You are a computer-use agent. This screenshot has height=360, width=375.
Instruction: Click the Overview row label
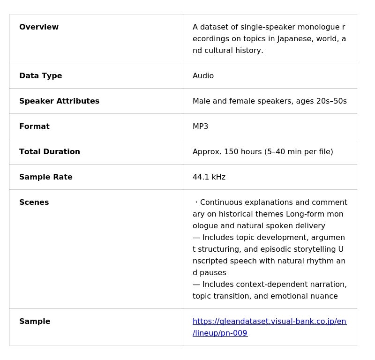click(39, 27)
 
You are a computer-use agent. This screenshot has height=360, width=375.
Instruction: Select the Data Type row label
click(40, 76)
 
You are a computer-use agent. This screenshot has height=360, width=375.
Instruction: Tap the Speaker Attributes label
click(59, 101)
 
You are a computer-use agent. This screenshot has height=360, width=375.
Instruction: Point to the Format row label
click(34, 127)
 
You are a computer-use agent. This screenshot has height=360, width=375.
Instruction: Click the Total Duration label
click(50, 152)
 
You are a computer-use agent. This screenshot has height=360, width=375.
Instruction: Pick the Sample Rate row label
click(46, 177)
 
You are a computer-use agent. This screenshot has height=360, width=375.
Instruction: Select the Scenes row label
click(34, 202)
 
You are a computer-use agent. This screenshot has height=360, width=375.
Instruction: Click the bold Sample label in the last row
click(35, 322)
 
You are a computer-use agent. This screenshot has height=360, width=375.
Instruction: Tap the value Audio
click(203, 76)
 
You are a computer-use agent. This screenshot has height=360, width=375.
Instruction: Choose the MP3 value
click(200, 127)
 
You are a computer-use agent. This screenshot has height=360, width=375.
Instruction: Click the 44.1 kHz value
click(209, 177)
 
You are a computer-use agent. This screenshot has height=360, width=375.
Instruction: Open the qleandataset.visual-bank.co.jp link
click(269, 322)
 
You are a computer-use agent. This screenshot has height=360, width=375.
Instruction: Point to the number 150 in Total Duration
click(231, 152)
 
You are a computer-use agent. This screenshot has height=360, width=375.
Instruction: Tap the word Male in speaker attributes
click(202, 101)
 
